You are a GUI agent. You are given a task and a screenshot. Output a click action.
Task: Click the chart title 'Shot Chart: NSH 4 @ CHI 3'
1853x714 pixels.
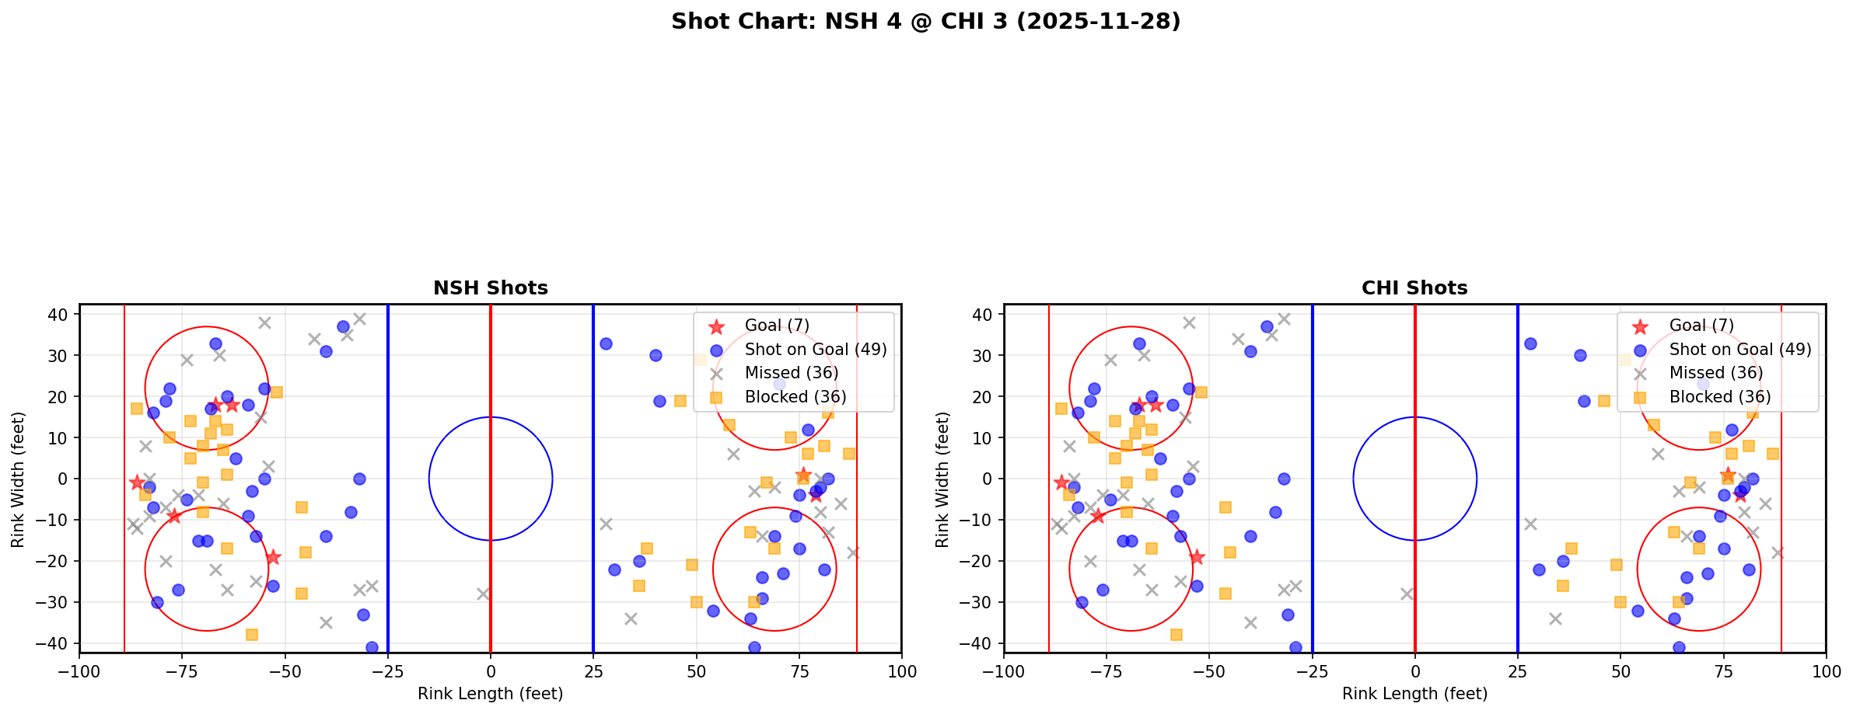tap(925, 22)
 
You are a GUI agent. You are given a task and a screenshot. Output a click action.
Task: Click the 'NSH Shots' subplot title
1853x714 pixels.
tap(491, 288)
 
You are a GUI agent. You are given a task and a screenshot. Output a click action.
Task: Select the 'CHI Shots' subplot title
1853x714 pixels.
tap(1414, 288)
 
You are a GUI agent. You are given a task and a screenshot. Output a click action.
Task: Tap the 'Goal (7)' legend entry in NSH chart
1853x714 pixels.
tap(777, 326)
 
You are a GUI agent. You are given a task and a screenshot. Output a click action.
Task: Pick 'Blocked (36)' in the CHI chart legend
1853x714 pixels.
tap(1720, 397)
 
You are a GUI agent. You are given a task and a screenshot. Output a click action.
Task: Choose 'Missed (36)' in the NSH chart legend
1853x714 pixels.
tap(791, 373)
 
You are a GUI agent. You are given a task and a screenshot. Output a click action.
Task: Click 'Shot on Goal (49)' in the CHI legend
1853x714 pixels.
tap(1740, 350)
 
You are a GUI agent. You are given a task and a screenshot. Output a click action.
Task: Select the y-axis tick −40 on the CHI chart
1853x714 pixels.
tap(982, 643)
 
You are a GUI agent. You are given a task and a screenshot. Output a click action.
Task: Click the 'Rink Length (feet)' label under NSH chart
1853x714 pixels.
tap(491, 694)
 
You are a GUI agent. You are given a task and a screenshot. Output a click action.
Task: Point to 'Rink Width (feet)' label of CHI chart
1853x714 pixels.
tap(943, 479)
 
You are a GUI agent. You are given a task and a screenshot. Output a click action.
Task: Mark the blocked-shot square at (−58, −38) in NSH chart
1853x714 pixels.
tap(252, 635)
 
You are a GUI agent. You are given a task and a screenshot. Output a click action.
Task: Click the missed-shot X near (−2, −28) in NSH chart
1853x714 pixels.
tap(483, 594)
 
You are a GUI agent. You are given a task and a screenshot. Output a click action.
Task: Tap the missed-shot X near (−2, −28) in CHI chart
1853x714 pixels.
tap(1407, 594)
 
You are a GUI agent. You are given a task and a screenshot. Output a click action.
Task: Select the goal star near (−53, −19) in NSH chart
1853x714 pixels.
tap(273, 557)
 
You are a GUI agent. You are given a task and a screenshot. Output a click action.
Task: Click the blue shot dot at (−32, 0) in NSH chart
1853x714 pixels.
tap(359, 479)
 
